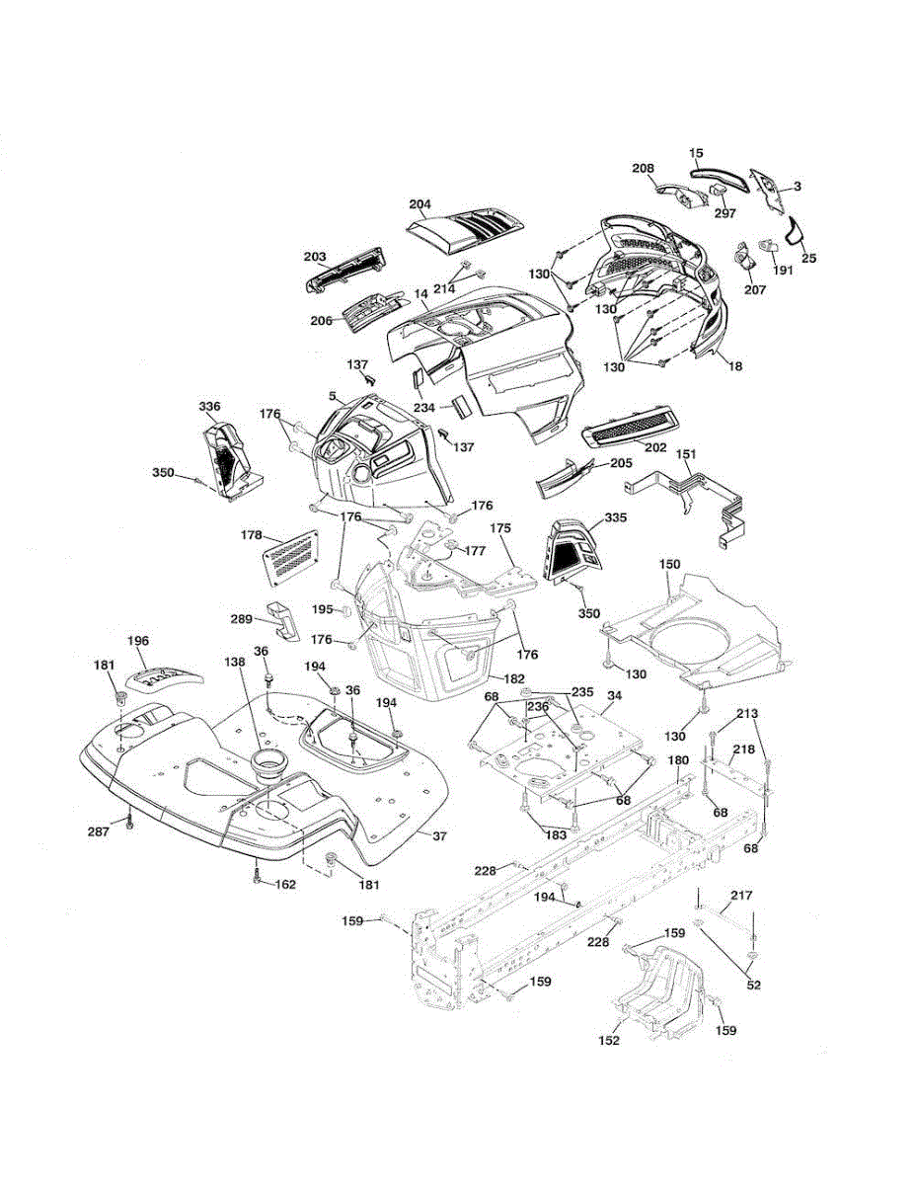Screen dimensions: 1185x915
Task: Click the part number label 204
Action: [x=419, y=204]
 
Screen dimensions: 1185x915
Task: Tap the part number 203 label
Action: [x=315, y=257]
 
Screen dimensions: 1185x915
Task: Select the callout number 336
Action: [x=209, y=407]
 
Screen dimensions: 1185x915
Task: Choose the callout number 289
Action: [x=242, y=619]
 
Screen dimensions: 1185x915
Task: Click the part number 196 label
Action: [x=138, y=641]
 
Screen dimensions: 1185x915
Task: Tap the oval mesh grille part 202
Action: [x=631, y=428]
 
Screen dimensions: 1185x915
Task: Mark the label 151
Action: [x=686, y=454]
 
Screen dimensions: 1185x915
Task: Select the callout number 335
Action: [x=615, y=517]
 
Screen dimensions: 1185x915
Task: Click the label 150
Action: [x=670, y=563]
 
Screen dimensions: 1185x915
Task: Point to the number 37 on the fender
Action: [x=440, y=836]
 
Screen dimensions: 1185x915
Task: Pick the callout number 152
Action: [x=609, y=1040]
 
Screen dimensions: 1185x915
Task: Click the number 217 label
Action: [x=741, y=896]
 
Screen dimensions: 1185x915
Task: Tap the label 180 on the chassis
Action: [x=678, y=760]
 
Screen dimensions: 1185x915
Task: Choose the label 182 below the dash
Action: [x=514, y=678]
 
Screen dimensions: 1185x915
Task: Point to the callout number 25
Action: [x=809, y=258]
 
